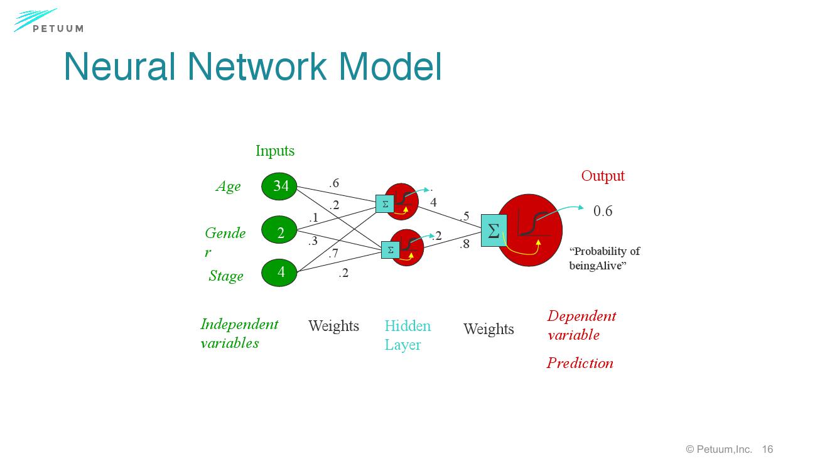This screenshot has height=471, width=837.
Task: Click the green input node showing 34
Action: [x=279, y=186]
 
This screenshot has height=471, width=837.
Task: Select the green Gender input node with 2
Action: [x=279, y=232]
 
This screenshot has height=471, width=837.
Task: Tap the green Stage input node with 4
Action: [x=279, y=272]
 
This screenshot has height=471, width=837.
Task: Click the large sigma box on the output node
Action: [x=494, y=230]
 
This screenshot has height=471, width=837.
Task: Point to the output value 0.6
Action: [x=603, y=211]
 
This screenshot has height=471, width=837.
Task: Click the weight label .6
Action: [x=334, y=183]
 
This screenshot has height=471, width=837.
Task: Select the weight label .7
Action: [x=333, y=254]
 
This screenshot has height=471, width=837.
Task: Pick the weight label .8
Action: [x=465, y=244]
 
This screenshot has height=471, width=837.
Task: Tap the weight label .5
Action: [x=465, y=216]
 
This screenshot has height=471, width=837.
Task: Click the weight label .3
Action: [x=313, y=241]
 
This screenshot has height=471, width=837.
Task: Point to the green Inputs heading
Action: [x=275, y=151]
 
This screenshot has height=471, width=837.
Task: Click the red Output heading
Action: [x=603, y=176]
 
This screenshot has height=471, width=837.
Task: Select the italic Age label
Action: [x=228, y=186]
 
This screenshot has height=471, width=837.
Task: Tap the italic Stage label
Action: [x=226, y=276]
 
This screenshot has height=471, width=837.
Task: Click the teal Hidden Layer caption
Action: [x=408, y=335]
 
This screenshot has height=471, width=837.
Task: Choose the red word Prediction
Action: [x=580, y=363]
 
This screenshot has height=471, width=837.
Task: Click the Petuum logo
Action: [x=49, y=21]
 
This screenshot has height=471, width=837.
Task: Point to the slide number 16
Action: [x=767, y=449]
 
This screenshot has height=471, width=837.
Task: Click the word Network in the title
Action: [x=257, y=66]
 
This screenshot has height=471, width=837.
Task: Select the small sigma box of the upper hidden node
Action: [x=385, y=204]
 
